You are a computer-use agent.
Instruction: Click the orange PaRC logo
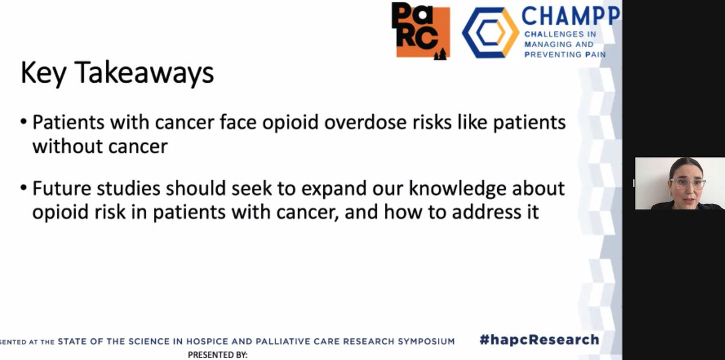pos(420,30)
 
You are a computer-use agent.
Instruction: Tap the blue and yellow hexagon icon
pos(490,33)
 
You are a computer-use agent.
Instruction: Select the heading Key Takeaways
pos(117,73)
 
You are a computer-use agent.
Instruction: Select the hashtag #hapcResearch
pos(539,339)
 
